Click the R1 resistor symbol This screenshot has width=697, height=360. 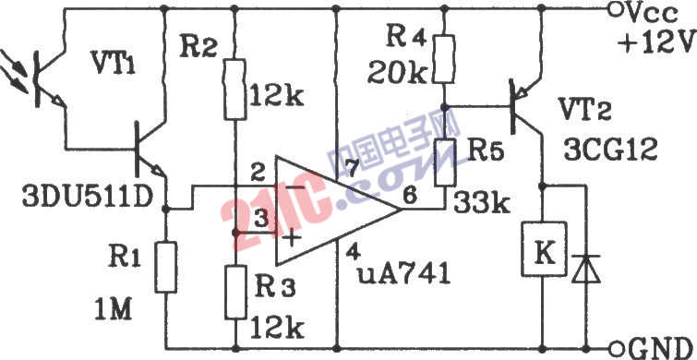click(165, 268)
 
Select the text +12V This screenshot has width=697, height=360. click(657, 45)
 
